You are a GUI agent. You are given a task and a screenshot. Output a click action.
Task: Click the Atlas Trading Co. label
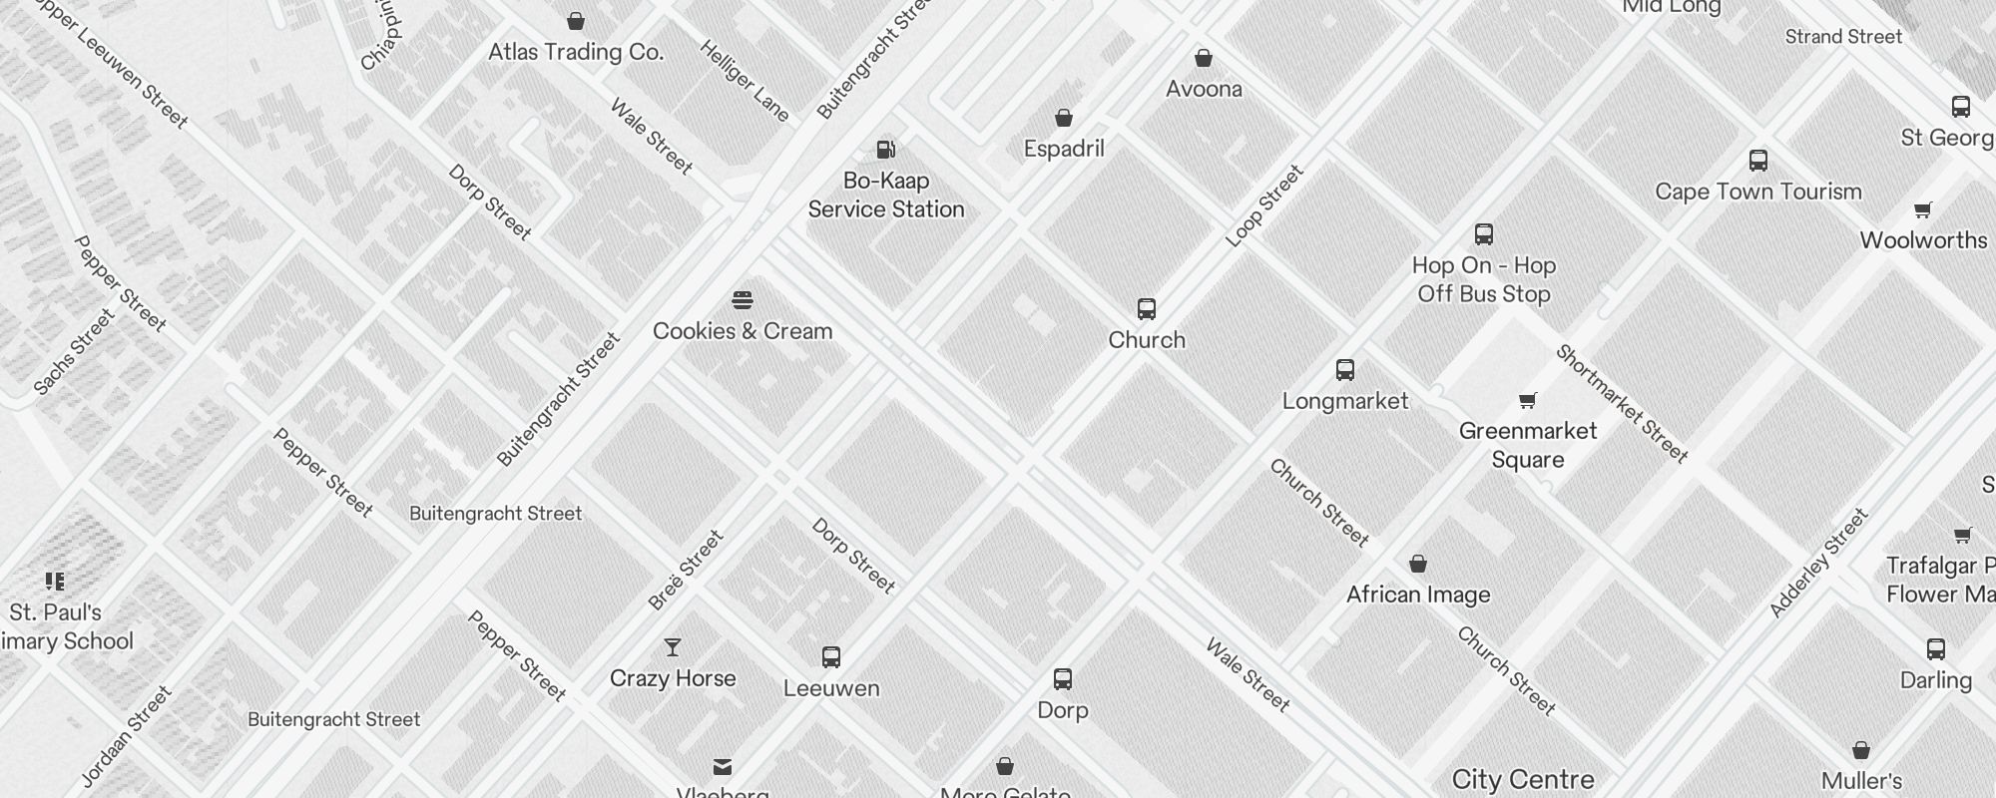[x=576, y=52]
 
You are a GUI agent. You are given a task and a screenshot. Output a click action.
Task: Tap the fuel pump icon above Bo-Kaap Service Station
[x=885, y=150]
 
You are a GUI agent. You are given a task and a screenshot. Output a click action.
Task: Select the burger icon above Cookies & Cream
[x=742, y=300]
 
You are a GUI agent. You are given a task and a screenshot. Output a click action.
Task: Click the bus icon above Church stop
[x=1147, y=309]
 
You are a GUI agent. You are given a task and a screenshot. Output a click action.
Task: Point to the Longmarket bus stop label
[x=1344, y=401]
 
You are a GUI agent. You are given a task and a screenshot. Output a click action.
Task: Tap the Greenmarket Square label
[x=1527, y=445]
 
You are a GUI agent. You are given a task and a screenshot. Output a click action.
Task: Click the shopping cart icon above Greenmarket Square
[x=1527, y=401]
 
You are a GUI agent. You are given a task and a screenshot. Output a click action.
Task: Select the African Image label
[x=1417, y=595]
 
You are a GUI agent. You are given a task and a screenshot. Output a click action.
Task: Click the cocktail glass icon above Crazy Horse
[x=673, y=648]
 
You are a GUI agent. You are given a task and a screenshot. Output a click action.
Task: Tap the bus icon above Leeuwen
[x=831, y=657]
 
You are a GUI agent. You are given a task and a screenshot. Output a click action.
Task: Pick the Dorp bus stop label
[x=1062, y=710]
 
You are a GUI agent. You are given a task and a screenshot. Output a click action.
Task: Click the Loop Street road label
[x=1264, y=205]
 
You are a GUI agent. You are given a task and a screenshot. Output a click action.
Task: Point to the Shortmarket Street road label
[x=1622, y=404]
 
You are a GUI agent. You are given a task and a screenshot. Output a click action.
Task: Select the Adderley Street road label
[x=1818, y=564]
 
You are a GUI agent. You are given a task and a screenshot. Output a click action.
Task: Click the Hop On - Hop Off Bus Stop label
[x=1483, y=279]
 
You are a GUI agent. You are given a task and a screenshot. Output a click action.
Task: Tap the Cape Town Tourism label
[x=1757, y=192]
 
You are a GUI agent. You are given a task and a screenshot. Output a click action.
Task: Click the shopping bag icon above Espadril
[x=1064, y=119]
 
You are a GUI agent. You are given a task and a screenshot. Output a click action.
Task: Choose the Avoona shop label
[x=1204, y=89]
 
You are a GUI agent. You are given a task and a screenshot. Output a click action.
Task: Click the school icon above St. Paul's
[x=55, y=582]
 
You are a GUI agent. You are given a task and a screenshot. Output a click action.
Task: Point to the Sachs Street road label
[x=75, y=352]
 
